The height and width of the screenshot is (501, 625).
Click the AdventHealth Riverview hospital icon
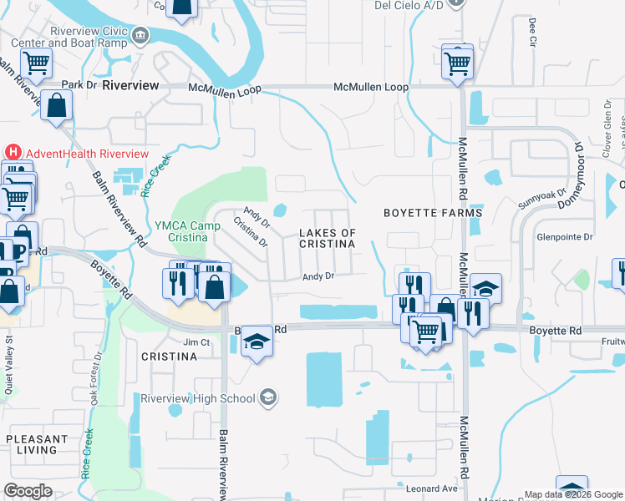tap(13, 153)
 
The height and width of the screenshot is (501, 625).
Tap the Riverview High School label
tap(197, 398)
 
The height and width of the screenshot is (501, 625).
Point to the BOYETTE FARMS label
tap(432, 213)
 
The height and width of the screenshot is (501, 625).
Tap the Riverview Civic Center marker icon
tap(140, 34)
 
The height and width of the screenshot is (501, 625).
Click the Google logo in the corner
tap(28, 491)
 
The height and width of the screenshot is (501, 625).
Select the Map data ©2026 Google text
tap(572, 494)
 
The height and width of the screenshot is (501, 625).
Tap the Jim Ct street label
tap(195, 342)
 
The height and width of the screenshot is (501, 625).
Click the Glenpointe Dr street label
tap(565, 237)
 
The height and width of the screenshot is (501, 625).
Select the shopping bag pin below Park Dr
tap(56, 107)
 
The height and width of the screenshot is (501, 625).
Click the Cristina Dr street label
tap(250, 234)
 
